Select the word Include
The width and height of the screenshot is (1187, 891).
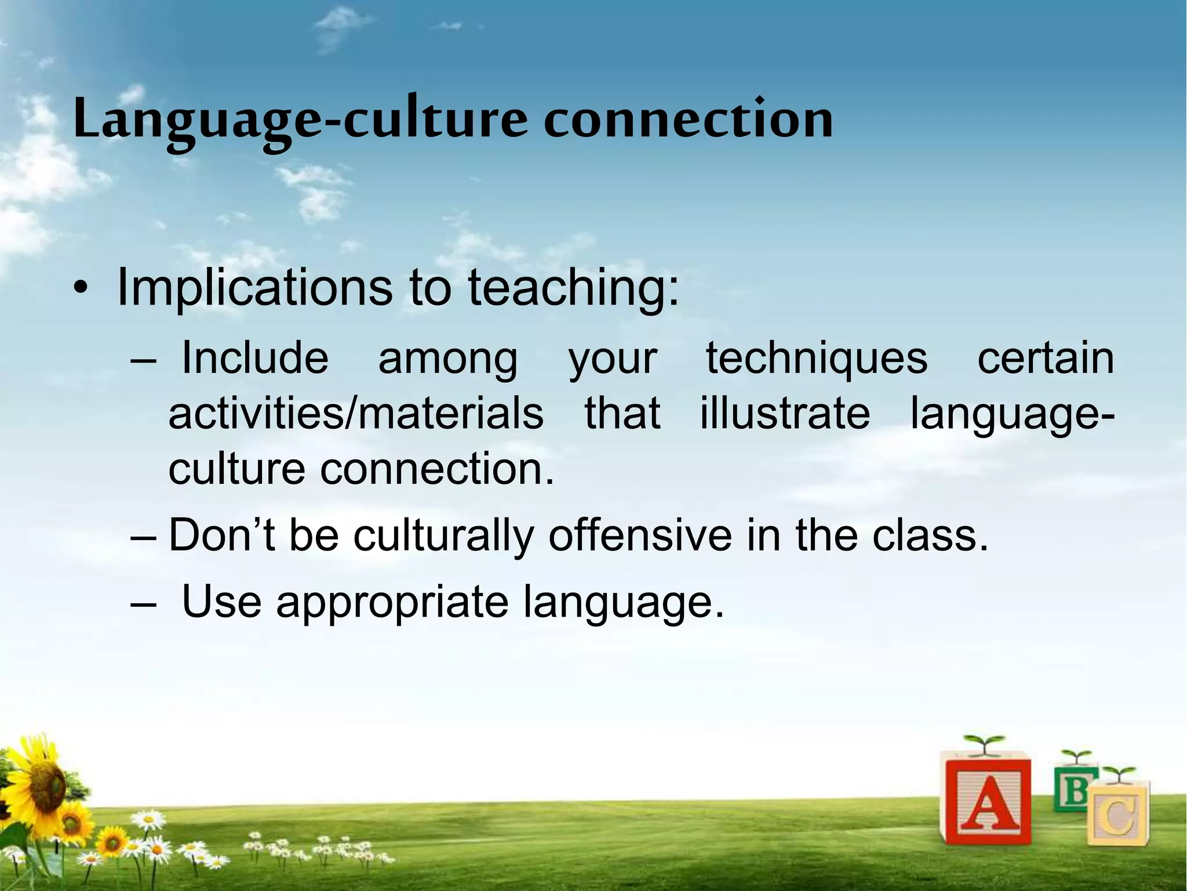pos(255,358)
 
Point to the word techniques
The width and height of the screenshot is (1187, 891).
pos(816,358)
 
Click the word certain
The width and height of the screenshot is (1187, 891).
pos(1045,358)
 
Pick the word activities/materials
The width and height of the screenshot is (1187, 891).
pos(356,413)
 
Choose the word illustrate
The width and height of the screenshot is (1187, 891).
pos(785,413)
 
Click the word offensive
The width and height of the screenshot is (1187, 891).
pos(640,535)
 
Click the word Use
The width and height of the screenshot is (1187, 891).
pos(221,602)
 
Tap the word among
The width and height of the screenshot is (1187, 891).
pos(447,358)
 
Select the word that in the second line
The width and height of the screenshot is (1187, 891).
pos(622,413)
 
